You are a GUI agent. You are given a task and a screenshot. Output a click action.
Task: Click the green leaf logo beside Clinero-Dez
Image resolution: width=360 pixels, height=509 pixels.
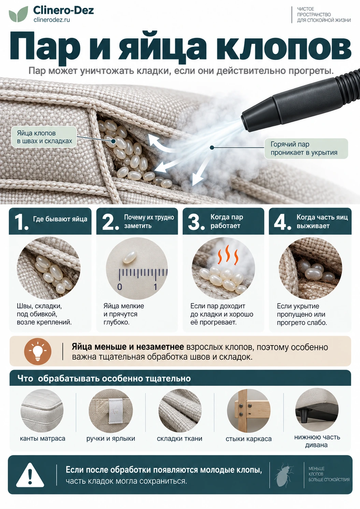tap(18, 14)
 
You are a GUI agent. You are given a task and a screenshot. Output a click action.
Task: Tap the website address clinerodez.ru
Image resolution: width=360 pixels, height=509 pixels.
tap(52, 20)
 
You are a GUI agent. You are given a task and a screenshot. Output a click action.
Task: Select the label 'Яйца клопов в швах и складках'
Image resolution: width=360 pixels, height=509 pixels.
tap(44, 137)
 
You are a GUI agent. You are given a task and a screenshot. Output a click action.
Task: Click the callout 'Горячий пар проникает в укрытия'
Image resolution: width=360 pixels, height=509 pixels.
tap(306, 149)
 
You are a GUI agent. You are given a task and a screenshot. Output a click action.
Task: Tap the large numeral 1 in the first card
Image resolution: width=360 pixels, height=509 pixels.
tap(21, 222)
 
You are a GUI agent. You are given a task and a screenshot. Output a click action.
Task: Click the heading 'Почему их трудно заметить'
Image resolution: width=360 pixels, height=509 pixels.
tap(149, 221)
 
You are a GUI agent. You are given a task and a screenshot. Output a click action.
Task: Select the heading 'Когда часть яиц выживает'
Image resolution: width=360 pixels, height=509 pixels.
tap(322, 221)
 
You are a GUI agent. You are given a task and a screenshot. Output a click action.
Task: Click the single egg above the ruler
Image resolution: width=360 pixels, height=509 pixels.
tap(130, 257)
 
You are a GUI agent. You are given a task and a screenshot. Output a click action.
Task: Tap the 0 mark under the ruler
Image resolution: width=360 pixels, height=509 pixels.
tap(120, 286)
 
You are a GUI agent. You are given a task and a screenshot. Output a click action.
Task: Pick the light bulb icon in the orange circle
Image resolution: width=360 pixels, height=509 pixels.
tap(38, 351)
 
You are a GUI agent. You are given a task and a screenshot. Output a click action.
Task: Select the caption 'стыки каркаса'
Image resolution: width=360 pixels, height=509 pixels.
tap(248, 439)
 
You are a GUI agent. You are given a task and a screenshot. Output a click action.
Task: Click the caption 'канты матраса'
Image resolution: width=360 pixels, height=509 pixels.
tap(42, 439)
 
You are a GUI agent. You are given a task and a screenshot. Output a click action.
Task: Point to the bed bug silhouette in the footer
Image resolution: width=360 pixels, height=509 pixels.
tap(284, 475)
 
